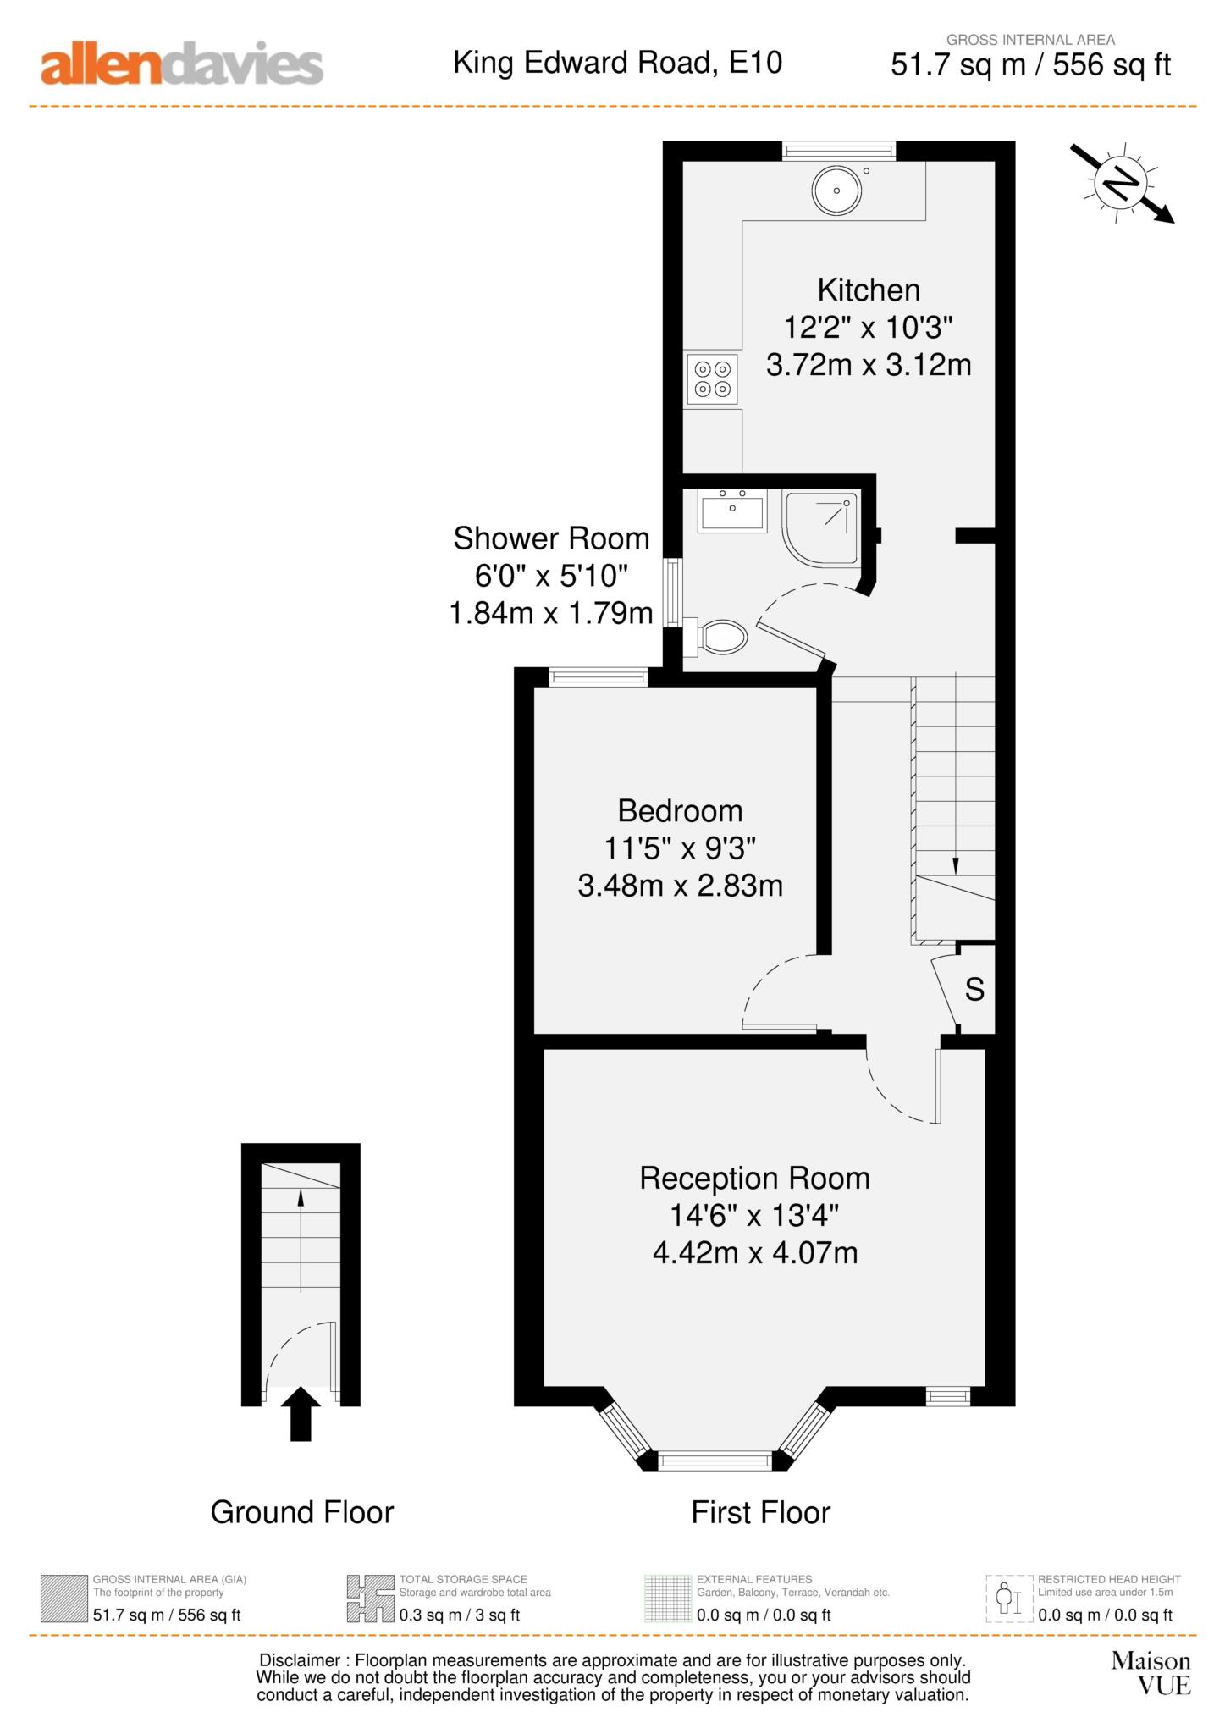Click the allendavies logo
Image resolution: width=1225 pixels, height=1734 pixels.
pyautogui.click(x=182, y=65)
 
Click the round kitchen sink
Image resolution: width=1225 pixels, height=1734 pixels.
pyautogui.click(x=836, y=191)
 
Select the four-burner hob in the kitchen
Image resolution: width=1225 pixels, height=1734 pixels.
pyautogui.click(x=712, y=378)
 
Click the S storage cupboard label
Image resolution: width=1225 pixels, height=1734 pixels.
pyautogui.click(x=974, y=989)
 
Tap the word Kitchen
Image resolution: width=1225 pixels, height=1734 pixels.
pyautogui.click(x=869, y=290)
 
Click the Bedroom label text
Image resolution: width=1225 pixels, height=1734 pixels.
pyautogui.click(x=680, y=811)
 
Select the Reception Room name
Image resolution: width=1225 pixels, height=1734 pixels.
pyautogui.click(x=754, y=1179)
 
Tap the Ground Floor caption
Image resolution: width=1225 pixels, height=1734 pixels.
pyautogui.click(x=302, y=1512)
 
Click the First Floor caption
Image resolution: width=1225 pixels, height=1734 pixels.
pyautogui.click(x=760, y=1512)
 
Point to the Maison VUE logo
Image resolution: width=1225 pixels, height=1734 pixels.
pyautogui.click(x=1151, y=1672)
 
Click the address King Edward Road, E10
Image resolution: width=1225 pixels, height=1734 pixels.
pyautogui.click(x=617, y=63)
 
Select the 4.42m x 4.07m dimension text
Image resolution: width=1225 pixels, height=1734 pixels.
pyautogui.click(x=755, y=1252)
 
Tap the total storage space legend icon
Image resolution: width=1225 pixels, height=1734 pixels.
pyautogui.click(x=370, y=1598)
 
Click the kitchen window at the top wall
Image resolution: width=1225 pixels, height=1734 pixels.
pyautogui.click(x=838, y=151)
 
